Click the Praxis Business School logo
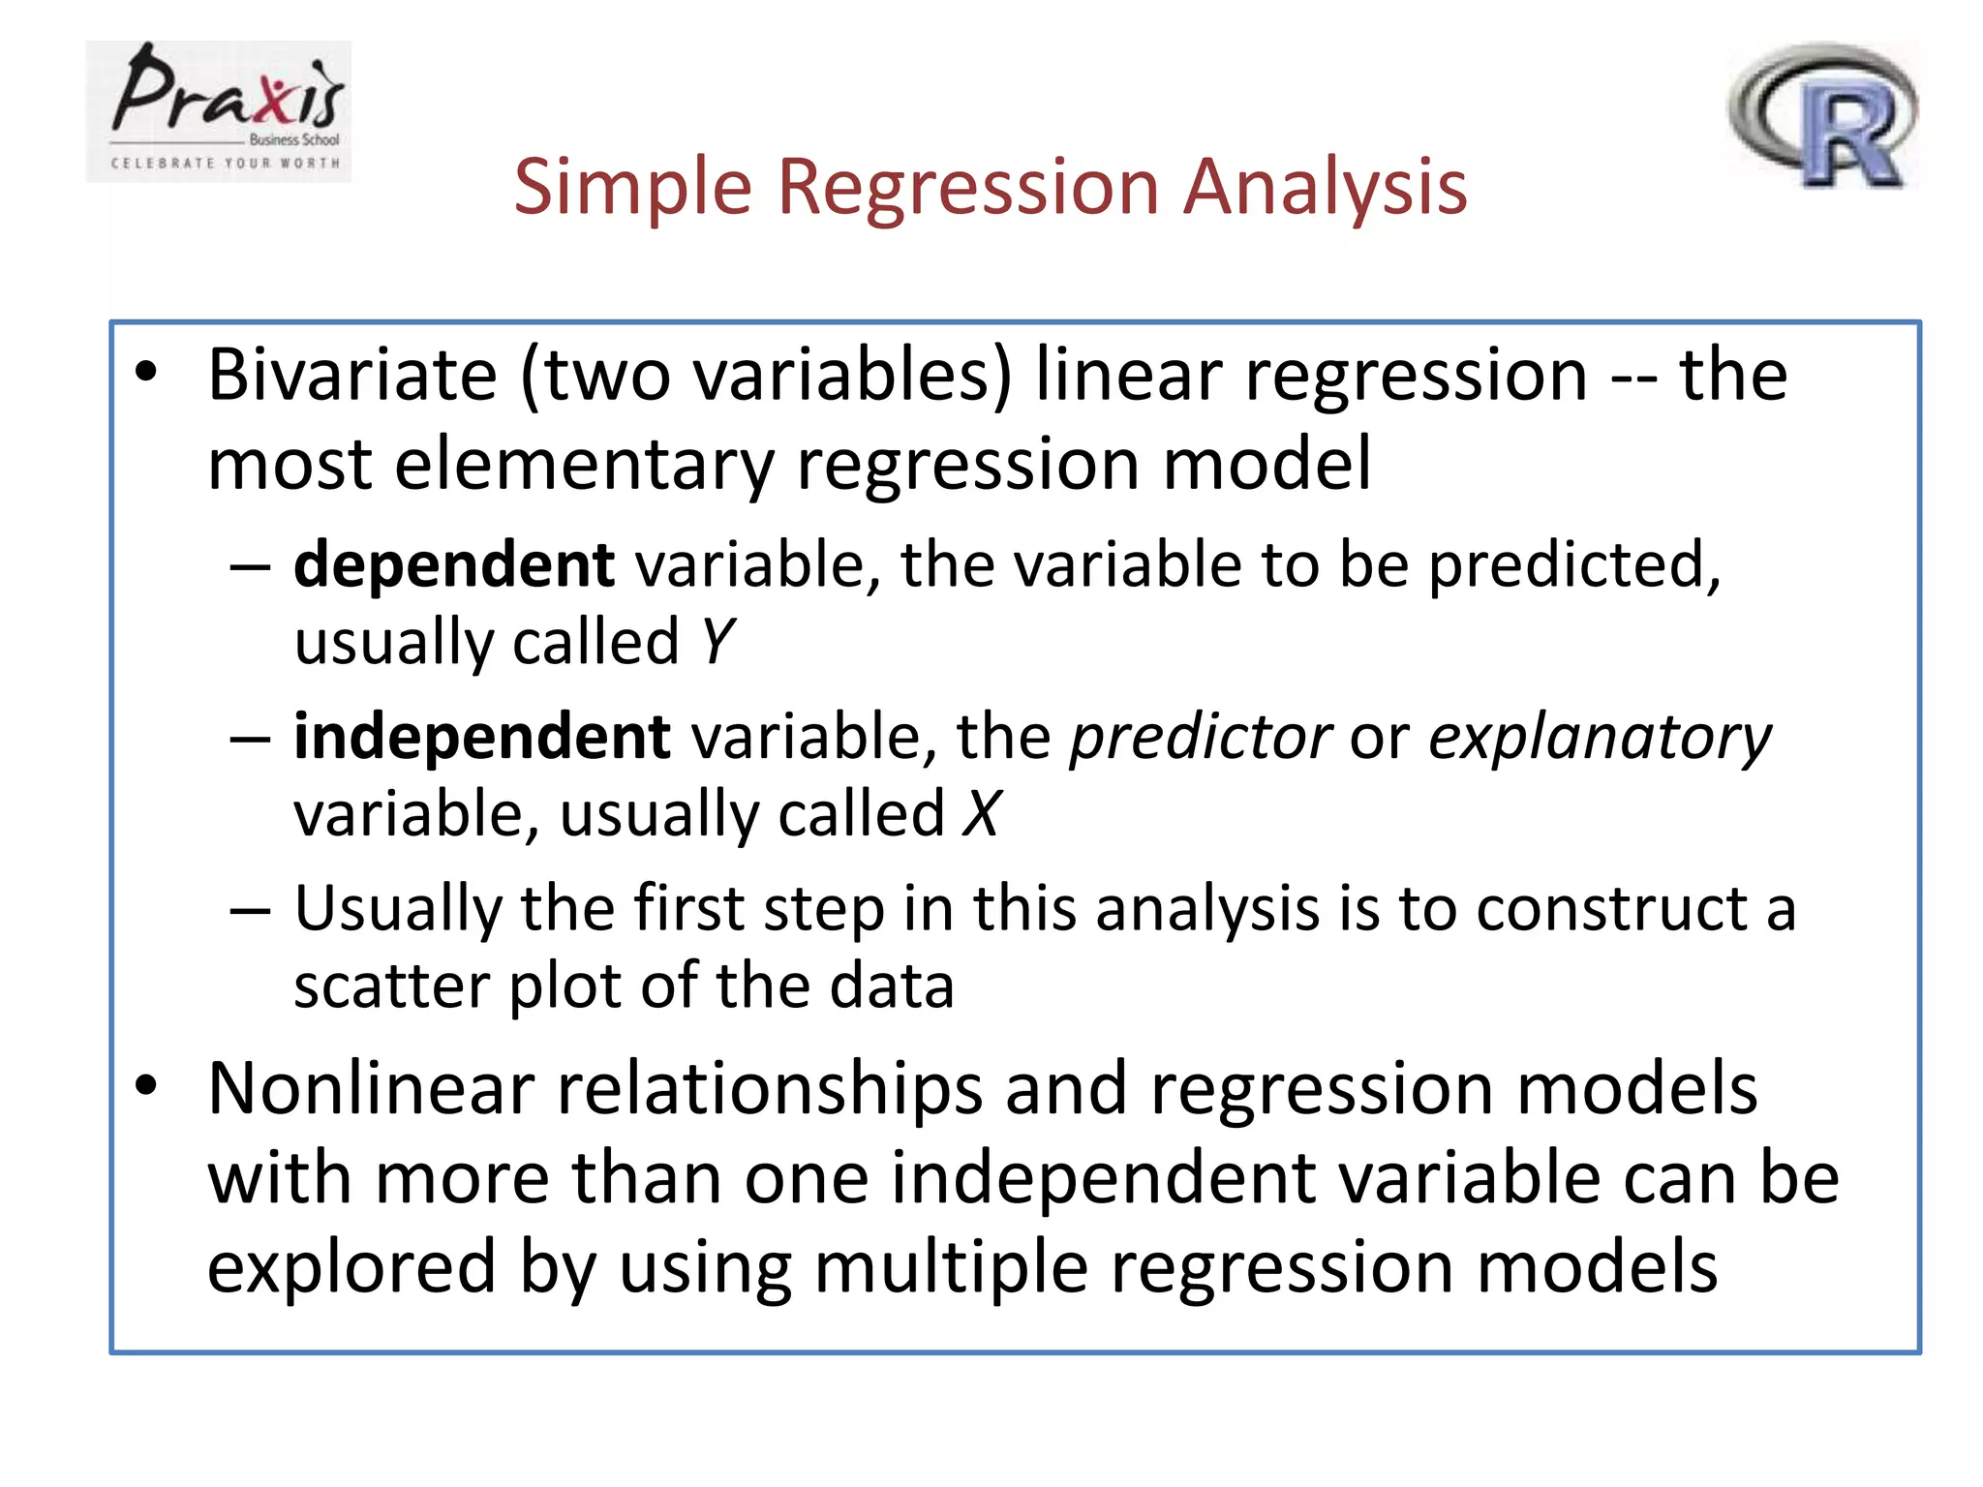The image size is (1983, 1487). [x=219, y=111]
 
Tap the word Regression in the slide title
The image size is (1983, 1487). [x=967, y=186]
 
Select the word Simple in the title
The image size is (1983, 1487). [x=632, y=186]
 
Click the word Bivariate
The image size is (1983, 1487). [x=351, y=375]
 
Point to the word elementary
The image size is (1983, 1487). [x=584, y=464]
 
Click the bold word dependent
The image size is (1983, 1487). [x=453, y=564]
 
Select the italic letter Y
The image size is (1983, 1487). [x=717, y=642]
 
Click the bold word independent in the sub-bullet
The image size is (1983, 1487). [x=481, y=737]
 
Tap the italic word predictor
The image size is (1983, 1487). [x=1200, y=738]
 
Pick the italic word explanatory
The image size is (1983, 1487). [x=1600, y=738]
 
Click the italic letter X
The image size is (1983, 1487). [x=982, y=813]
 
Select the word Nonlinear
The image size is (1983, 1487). [x=371, y=1088]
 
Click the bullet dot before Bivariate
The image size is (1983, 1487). [x=146, y=372]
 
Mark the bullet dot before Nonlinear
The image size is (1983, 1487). [x=146, y=1085]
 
